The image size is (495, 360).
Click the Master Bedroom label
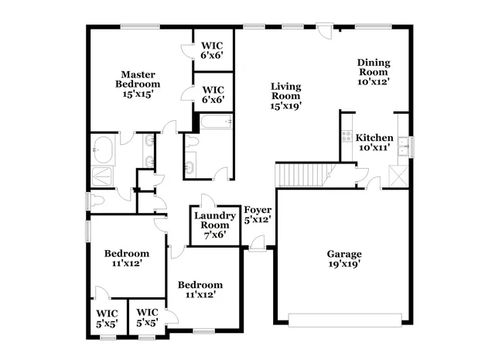[138, 84]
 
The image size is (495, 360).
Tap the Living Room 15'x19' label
[285, 96]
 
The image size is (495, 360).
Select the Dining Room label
[373, 71]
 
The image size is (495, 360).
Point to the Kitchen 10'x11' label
[374, 142]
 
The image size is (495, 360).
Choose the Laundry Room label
[214, 225]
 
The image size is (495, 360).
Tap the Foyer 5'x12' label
[258, 214]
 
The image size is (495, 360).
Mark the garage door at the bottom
[345, 318]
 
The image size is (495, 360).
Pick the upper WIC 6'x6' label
[213, 50]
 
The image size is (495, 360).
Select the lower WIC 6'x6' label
[213, 94]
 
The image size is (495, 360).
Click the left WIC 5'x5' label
[107, 319]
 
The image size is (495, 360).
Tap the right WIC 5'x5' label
[147, 319]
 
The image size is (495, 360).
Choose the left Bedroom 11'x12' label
[127, 259]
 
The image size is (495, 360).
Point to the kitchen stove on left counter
[345, 137]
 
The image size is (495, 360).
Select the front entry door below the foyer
[256, 246]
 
